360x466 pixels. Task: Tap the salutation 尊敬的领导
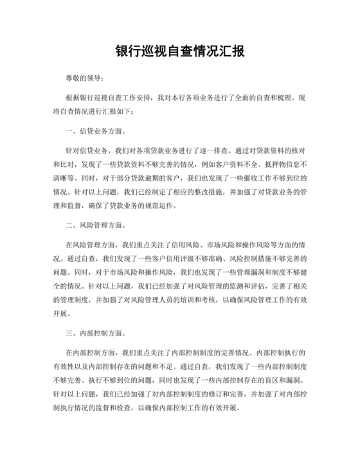pyautogui.click(x=83, y=78)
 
